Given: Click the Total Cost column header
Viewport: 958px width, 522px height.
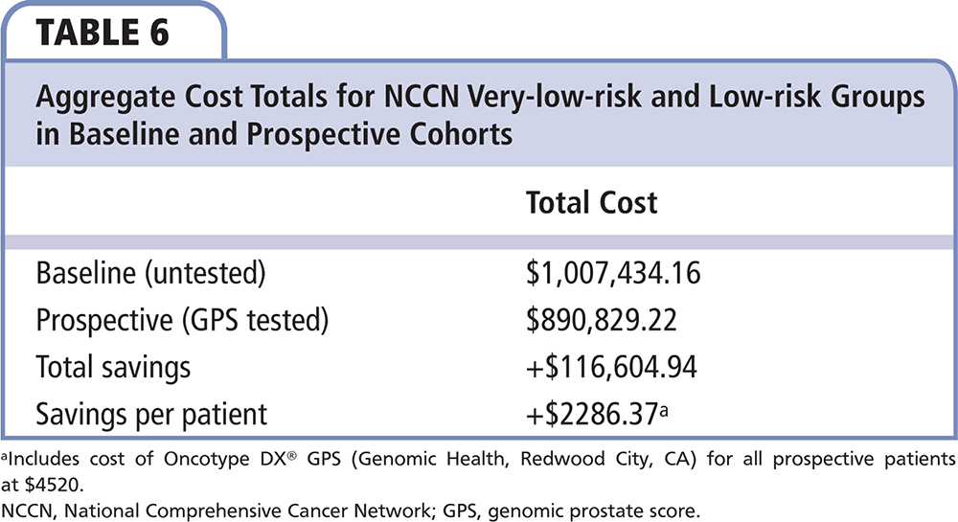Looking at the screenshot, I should click(x=591, y=203).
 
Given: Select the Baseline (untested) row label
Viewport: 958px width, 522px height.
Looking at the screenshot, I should click(x=148, y=275).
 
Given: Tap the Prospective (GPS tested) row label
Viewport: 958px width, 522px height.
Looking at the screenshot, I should click(x=181, y=321).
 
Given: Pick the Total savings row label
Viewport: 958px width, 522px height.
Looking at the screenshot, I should click(x=113, y=367).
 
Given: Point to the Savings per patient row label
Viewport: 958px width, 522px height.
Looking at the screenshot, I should click(x=151, y=414).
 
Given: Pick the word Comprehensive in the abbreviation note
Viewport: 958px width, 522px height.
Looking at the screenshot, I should click(x=215, y=499).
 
